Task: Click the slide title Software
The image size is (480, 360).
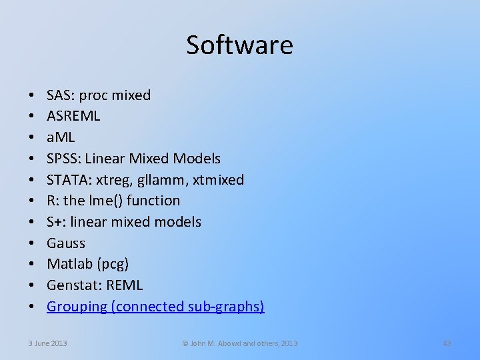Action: (239, 45)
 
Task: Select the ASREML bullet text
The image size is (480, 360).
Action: (73, 116)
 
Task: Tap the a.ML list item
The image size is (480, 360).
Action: (61, 137)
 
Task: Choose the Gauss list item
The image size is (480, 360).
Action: (66, 243)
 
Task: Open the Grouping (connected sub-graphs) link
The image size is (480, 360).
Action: (155, 307)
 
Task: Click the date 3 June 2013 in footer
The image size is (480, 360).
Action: (47, 343)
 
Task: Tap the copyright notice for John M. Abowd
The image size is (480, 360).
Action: (240, 343)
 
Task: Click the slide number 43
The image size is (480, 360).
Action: (447, 343)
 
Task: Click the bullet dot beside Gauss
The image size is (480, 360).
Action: (32, 243)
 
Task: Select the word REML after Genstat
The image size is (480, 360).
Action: (123, 285)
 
